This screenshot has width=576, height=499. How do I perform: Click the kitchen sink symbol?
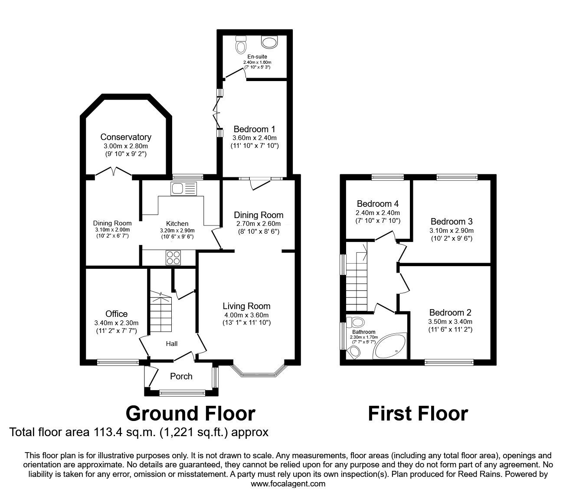tap(183, 189)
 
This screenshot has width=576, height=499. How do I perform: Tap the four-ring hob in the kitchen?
tap(173, 258)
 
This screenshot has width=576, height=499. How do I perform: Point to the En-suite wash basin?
tap(270, 42)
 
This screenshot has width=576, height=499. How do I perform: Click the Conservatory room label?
tap(126, 137)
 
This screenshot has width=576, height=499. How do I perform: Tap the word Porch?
tap(181, 376)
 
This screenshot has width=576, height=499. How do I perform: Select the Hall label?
tap(172, 344)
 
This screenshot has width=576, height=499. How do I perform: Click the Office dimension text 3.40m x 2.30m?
tap(117, 323)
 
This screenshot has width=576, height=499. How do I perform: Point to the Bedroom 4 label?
tap(378, 204)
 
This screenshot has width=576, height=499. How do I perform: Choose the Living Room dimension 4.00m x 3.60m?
tap(247, 315)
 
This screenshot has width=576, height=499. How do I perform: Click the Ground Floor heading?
tap(190, 414)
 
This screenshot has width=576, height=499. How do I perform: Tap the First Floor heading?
tap(418, 414)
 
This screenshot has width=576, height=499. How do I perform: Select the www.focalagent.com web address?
tap(288, 483)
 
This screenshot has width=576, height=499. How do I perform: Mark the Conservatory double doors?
tap(114, 171)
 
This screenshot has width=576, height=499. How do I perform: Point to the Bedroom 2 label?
tap(450, 312)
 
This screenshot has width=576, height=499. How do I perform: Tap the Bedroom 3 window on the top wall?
tap(457, 177)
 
